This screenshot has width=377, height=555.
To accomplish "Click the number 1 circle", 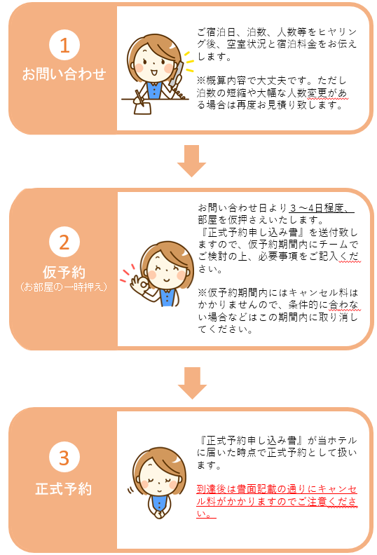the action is [64, 45].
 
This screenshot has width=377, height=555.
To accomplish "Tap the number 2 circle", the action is [64, 242].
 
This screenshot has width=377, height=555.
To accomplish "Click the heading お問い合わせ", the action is [64, 74].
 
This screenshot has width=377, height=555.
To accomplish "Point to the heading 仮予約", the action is [64, 272].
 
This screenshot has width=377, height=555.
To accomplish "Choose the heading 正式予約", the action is [64, 489].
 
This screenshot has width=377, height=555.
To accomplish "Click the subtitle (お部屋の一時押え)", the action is [64, 287].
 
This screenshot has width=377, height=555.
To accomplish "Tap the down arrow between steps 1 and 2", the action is [191, 161].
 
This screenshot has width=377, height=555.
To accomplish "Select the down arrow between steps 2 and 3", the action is [192, 383].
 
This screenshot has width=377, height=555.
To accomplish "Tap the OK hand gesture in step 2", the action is [139, 285].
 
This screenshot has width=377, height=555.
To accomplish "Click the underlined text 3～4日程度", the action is [321, 207].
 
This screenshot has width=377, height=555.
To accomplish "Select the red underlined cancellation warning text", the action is [277, 501].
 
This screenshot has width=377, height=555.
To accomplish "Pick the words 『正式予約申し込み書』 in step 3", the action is [251, 440].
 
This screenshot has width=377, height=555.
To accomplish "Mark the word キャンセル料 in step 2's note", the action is [319, 293].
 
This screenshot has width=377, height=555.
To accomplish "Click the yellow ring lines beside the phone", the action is [188, 61].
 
